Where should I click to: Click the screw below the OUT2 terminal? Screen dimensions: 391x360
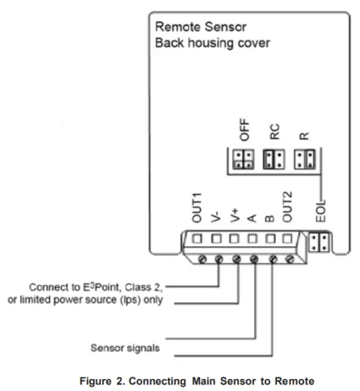pyautogui.click(x=289, y=259)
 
